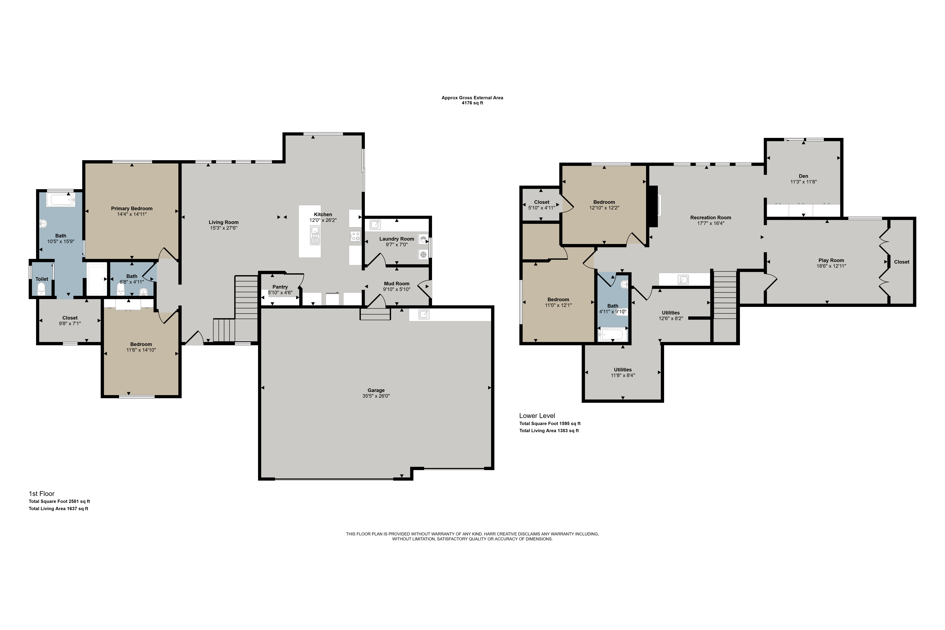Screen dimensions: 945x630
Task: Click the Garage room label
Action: click(376, 390)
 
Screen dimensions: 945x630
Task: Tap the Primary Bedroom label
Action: click(132, 208)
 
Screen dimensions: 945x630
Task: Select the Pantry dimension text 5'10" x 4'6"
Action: click(280, 293)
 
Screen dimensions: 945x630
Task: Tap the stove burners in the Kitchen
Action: click(355, 236)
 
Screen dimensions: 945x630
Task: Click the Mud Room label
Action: click(397, 284)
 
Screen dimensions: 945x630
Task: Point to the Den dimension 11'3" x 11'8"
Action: click(804, 182)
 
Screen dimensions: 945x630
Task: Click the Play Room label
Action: click(831, 260)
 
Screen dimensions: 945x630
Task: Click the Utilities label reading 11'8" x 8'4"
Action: click(623, 375)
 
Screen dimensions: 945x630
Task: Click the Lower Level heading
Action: click(537, 416)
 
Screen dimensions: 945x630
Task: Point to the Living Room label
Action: click(224, 222)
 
